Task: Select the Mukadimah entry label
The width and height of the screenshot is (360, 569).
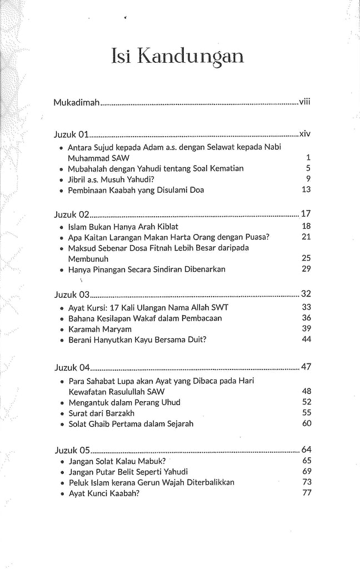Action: [x=76, y=103]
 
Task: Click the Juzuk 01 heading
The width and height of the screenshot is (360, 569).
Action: [x=72, y=134]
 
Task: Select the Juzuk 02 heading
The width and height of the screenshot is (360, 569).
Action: [x=72, y=214]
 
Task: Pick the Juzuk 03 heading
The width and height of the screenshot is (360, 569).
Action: [x=72, y=295]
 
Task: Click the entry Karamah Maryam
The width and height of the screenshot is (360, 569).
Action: [x=96, y=330]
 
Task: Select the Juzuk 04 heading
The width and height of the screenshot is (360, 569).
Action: [x=72, y=368]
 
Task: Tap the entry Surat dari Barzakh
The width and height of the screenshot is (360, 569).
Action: [x=102, y=414]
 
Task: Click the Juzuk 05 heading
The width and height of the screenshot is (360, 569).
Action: [x=72, y=450]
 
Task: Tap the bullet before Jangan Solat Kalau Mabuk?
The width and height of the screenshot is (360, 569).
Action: [x=61, y=461]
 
